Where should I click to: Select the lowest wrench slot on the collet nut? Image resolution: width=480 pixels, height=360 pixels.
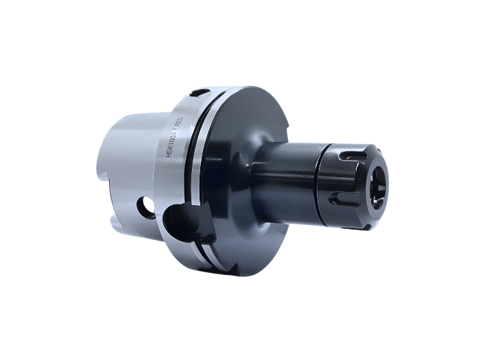(x=341, y=204)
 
